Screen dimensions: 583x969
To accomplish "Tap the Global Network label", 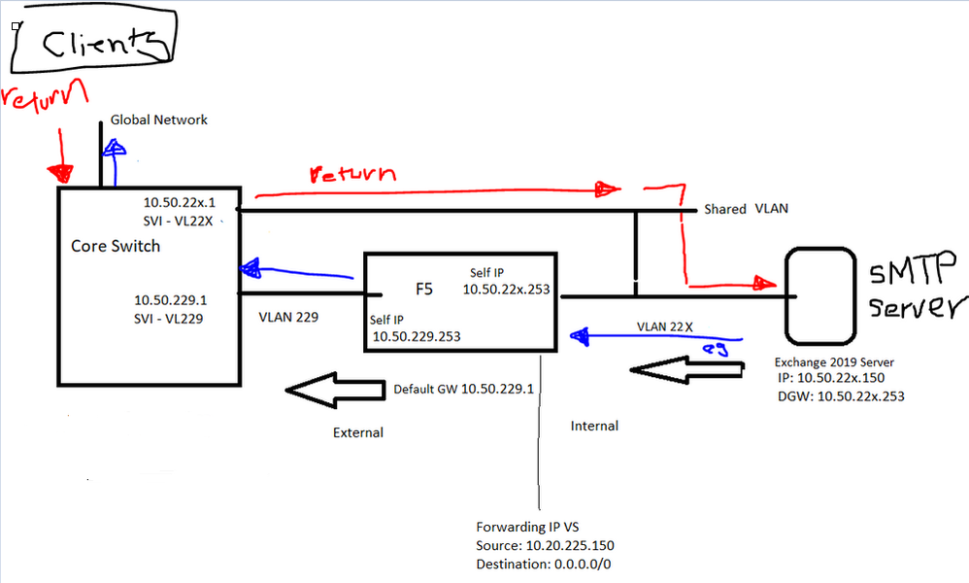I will [x=158, y=120].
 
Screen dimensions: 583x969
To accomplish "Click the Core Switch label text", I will [x=116, y=246].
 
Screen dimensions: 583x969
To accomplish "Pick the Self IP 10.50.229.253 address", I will [x=417, y=336].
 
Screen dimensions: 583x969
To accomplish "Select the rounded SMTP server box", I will [x=814, y=287].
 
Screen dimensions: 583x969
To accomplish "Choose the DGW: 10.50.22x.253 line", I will [x=841, y=395].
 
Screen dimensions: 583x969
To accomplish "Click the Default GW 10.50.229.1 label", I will [x=463, y=390].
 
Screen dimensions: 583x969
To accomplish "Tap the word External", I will [x=358, y=432].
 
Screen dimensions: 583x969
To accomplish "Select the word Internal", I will [x=594, y=426].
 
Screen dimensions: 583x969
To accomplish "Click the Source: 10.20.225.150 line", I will [x=545, y=545].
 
